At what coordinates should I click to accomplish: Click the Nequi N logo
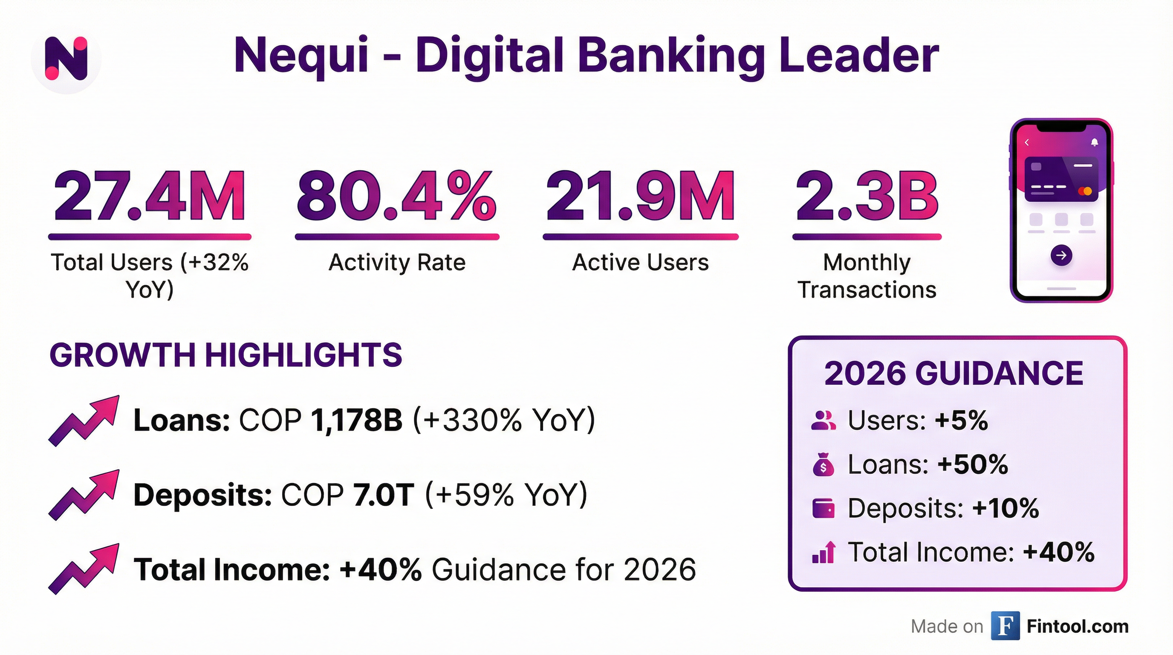[x=66, y=59]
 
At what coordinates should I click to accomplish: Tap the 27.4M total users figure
[x=149, y=197]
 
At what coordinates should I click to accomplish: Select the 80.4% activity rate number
[x=396, y=197]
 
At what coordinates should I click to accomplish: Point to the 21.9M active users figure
[x=640, y=197]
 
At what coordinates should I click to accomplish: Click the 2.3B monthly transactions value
[x=867, y=197]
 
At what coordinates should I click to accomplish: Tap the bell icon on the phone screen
[x=1095, y=142]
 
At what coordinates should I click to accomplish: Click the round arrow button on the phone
[x=1061, y=255]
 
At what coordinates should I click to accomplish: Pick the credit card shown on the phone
[x=1061, y=179]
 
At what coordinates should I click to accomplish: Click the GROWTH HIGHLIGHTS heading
[x=225, y=355]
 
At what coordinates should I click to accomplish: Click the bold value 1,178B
[x=356, y=420]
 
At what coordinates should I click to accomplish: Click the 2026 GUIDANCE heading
[x=953, y=374]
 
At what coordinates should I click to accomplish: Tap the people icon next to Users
[x=823, y=420]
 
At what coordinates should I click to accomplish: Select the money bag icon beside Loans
[x=823, y=465]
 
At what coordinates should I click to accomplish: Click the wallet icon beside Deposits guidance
[x=823, y=508]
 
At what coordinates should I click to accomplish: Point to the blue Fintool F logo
[x=1005, y=626]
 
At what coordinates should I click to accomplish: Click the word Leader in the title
[x=859, y=55]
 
